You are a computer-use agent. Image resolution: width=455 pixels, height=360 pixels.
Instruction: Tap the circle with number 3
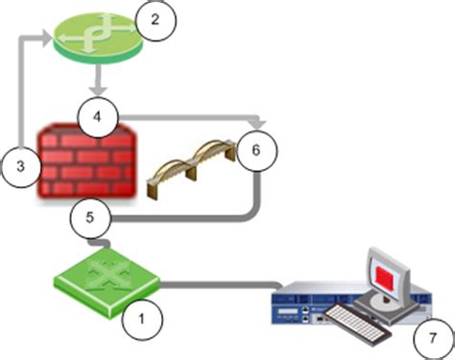coord(21,165)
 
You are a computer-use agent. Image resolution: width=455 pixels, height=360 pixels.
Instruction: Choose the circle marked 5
coord(88,217)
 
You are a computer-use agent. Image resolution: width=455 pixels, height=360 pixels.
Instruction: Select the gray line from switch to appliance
coord(221,285)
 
